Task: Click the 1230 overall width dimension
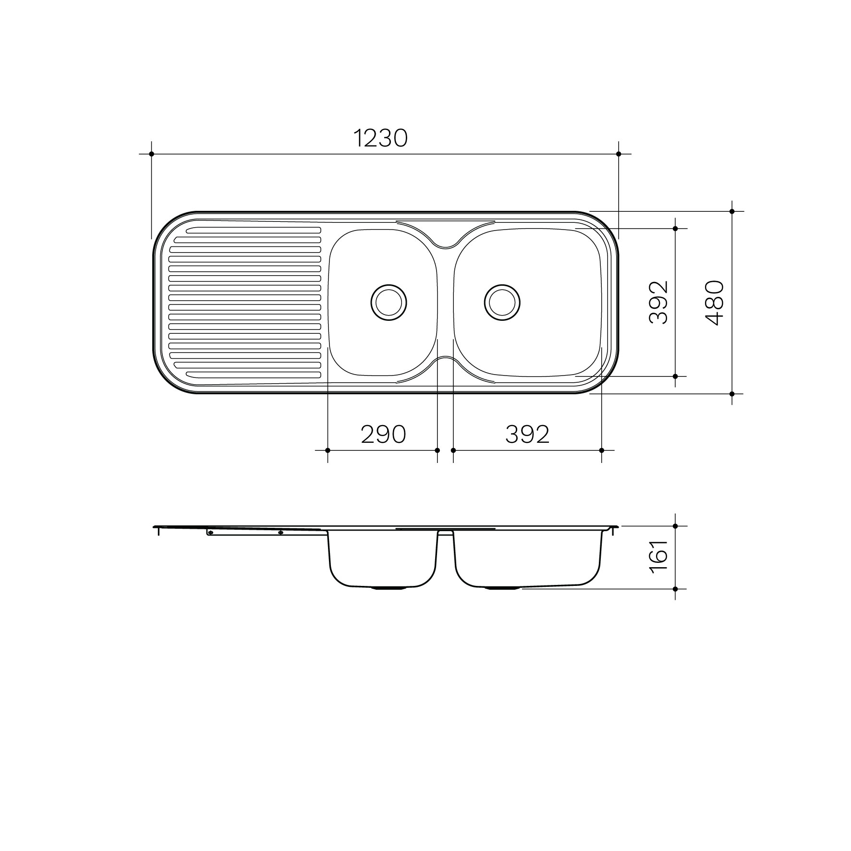380,138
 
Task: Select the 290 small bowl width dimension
383,435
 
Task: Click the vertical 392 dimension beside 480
658,303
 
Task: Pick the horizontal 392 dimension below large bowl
527,435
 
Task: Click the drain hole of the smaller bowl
389,302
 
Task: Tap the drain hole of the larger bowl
502,302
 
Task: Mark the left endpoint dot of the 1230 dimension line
151,154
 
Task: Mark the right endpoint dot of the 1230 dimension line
619,154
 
